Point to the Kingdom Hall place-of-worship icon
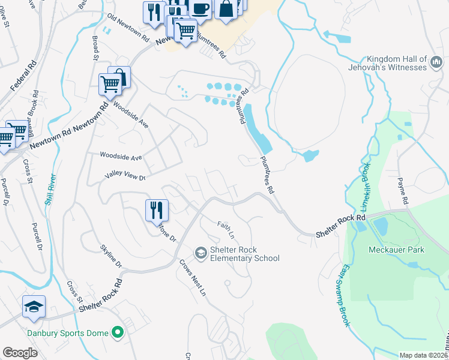pos(436,63)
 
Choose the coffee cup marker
pos(200,8)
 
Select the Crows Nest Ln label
pos(193,278)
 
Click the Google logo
pos(20,352)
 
